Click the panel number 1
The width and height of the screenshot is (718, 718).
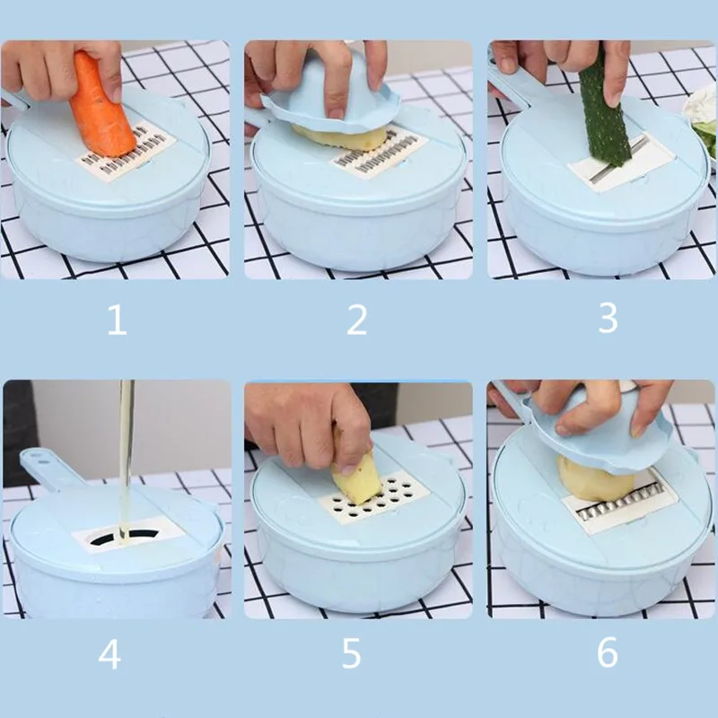pyautogui.click(x=117, y=320)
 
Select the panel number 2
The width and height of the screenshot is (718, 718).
pyautogui.click(x=356, y=320)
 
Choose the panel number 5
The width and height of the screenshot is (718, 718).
pyautogui.click(x=351, y=653)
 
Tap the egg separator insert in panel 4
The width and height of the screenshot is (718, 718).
pyautogui.click(x=128, y=534)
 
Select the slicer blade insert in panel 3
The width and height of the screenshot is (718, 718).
pyautogui.click(x=621, y=166)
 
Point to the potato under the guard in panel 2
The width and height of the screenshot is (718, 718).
pyautogui.click(x=341, y=137)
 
